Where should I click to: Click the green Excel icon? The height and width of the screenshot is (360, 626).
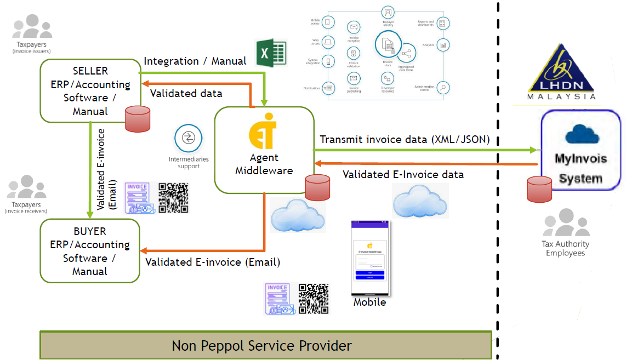271,53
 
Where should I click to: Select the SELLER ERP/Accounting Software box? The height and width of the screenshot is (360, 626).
90,90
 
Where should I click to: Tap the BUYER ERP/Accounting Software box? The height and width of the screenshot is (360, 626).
90,251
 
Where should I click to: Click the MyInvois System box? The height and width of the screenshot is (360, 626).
581,150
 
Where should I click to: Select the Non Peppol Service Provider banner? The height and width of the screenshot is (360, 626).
265,346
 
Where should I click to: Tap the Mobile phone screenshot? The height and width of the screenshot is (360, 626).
370,258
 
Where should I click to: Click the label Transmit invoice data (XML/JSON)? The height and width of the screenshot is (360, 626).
404,140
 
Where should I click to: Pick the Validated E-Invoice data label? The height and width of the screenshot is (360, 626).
403,175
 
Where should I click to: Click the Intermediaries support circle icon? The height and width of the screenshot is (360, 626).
189,139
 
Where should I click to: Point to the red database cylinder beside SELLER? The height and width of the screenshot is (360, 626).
138,119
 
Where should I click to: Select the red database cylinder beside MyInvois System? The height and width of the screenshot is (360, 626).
539,189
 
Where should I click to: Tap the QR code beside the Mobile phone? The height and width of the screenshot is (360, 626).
314,299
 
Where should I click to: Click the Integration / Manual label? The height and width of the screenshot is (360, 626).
195,61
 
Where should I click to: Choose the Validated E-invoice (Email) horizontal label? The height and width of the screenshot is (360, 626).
213,262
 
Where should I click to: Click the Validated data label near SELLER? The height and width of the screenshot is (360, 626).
186,94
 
